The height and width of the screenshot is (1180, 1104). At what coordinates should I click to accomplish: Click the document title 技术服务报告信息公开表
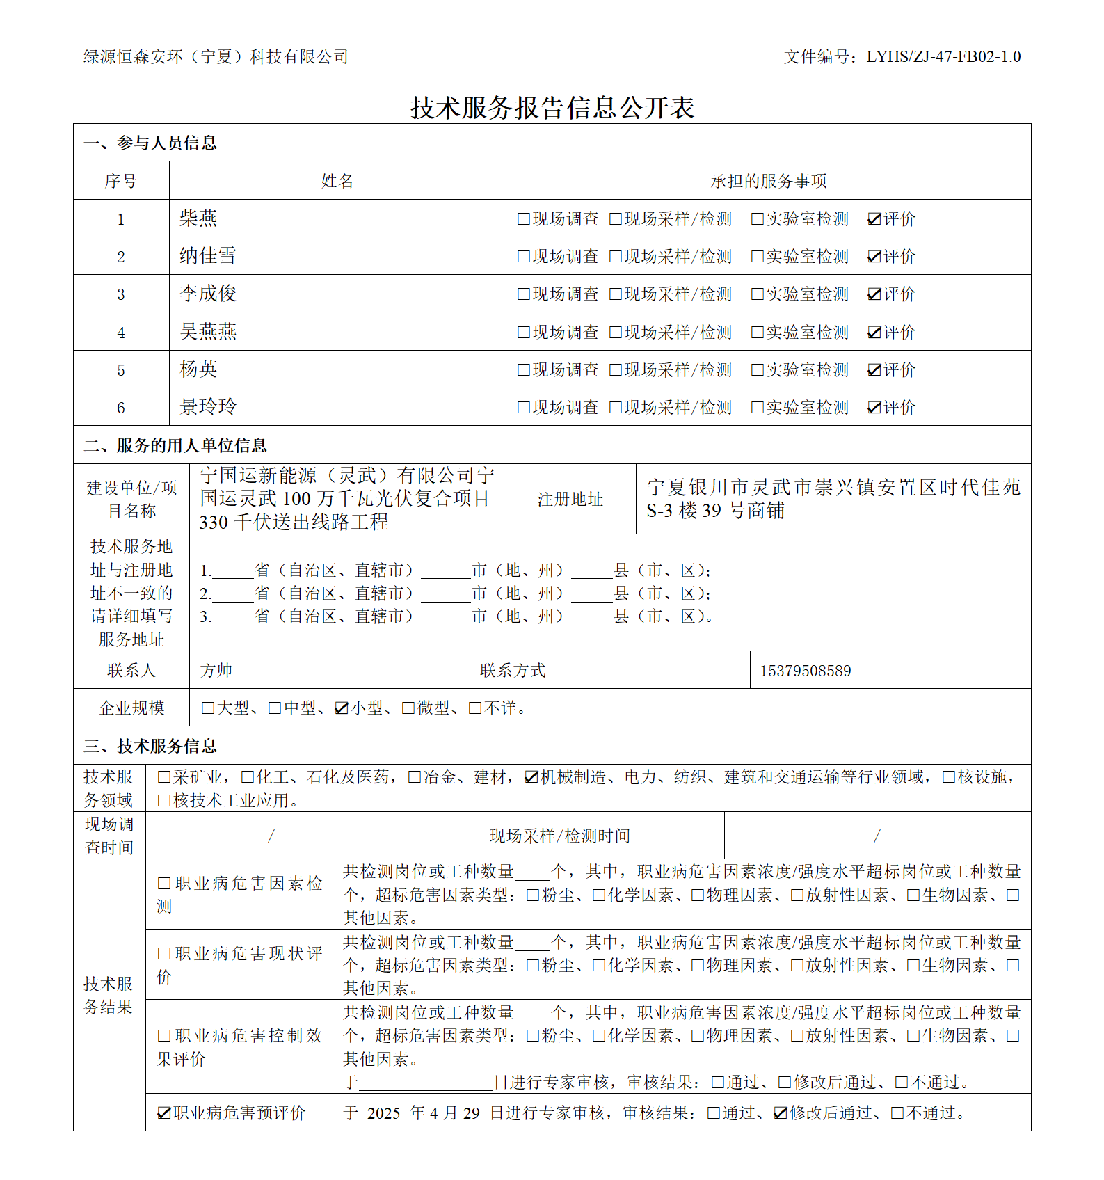pos(552,108)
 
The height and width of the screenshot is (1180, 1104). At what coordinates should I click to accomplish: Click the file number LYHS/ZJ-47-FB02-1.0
pos(943,57)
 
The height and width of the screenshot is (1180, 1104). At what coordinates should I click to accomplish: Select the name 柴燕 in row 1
pos(198,218)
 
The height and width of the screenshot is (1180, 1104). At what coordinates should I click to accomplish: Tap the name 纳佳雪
pos(208,256)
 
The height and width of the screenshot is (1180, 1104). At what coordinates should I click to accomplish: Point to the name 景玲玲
pos(208,407)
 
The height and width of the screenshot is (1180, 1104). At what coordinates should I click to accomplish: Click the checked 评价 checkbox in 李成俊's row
pos(874,294)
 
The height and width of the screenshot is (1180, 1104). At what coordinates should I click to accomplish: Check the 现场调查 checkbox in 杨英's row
pos(524,370)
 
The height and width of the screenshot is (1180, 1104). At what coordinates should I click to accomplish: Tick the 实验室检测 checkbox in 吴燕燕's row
pos(758,333)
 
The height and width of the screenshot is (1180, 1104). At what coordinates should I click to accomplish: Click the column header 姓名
pos(337,182)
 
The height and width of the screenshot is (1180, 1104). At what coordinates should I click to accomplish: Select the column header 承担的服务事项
pos(768,182)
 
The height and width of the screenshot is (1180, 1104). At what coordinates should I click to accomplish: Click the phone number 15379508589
pos(805,671)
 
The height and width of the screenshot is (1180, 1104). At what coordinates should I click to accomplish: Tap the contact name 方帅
pos(216,671)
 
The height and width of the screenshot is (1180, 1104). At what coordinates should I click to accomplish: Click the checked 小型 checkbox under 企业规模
pos(342,708)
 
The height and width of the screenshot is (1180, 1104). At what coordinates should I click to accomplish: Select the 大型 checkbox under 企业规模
pos(207,708)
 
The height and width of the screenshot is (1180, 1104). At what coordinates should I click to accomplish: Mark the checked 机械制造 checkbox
pos(531,777)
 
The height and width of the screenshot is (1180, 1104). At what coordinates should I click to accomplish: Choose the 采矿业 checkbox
pos(164,777)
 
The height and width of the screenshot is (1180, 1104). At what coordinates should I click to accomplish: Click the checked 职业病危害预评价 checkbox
pos(164,1113)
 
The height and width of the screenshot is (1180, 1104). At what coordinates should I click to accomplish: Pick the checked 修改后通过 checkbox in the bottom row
pos(781,1113)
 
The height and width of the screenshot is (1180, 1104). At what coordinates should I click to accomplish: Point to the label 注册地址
pos(570,500)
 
